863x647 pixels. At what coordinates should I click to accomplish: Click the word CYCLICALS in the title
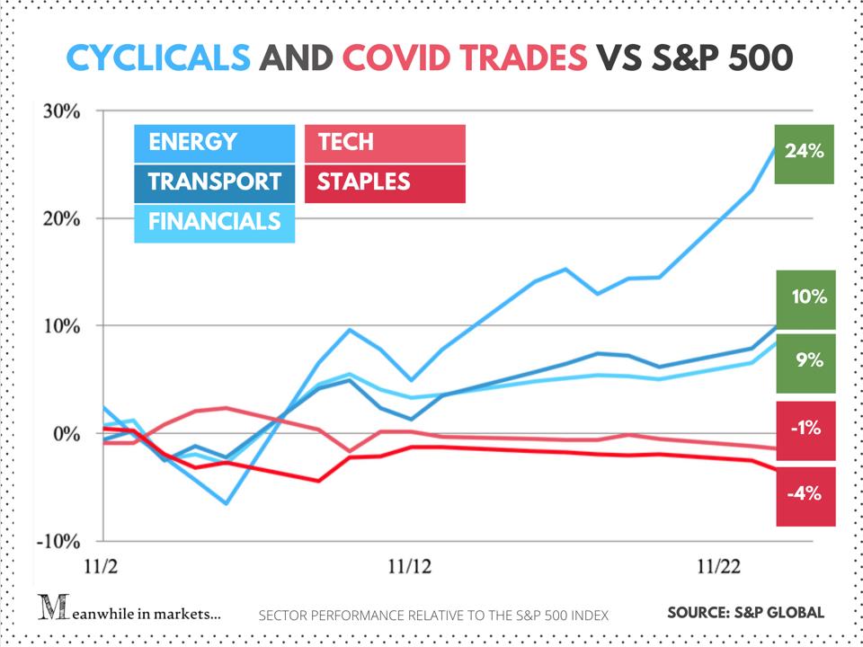[x=158, y=58]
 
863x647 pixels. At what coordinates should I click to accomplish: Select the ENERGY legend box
[x=214, y=142]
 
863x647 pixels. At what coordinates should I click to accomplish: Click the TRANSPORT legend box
[x=214, y=182]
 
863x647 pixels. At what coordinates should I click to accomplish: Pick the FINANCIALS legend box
[x=214, y=221]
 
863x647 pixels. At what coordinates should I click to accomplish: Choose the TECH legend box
[x=385, y=142]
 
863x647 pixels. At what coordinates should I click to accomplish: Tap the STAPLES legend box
[x=385, y=182]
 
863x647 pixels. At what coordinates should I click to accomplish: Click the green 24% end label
[x=805, y=152]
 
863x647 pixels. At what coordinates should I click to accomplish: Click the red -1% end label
[x=805, y=429]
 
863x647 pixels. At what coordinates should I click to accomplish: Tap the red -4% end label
[x=805, y=494]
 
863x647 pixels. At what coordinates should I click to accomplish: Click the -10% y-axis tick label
[x=58, y=542]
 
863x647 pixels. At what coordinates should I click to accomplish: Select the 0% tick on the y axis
[x=67, y=434]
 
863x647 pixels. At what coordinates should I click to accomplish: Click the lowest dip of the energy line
[x=226, y=503]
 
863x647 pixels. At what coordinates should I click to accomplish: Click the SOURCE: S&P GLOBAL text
[x=745, y=613]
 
